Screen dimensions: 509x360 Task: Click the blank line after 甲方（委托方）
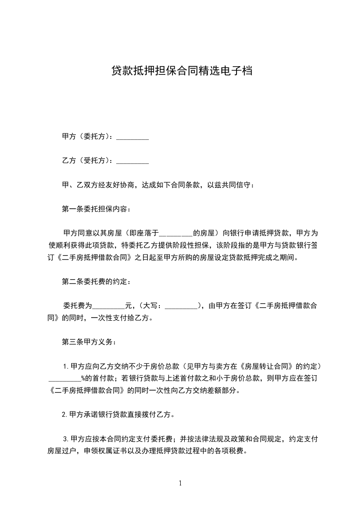(133, 137)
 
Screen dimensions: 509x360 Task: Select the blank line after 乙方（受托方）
(133, 161)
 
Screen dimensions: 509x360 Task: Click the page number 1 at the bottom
(180, 483)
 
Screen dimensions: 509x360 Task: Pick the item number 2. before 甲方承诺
(65, 414)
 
